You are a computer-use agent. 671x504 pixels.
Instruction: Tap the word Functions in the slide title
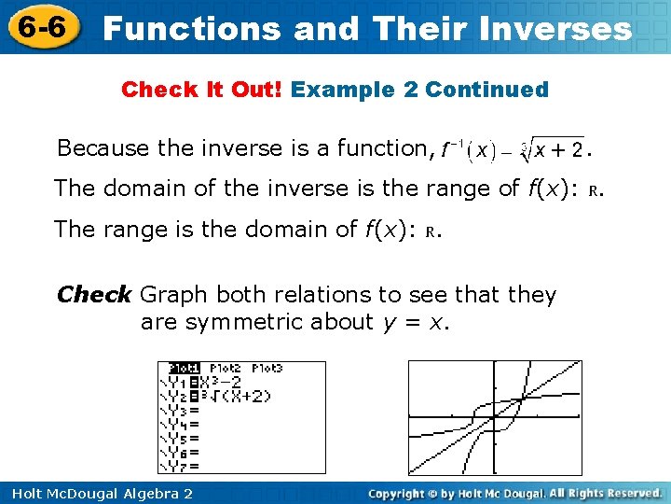pyautogui.click(x=191, y=29)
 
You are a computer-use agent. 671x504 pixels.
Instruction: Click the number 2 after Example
pyautogui.click(x=410, y=90)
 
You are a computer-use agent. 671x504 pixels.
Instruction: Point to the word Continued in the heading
pyautogui.click(x=486, y=90)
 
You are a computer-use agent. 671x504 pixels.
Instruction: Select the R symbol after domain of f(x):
pyautogui.click(x=431, y=231)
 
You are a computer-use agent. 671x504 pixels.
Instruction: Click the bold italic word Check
pyautogui.click(x=94, y=295)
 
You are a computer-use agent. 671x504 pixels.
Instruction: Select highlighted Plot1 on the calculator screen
pyautogui.click(x=182, y=369)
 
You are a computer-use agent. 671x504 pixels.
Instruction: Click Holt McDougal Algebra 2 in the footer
pyautogui.click(x=99, y=493)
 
